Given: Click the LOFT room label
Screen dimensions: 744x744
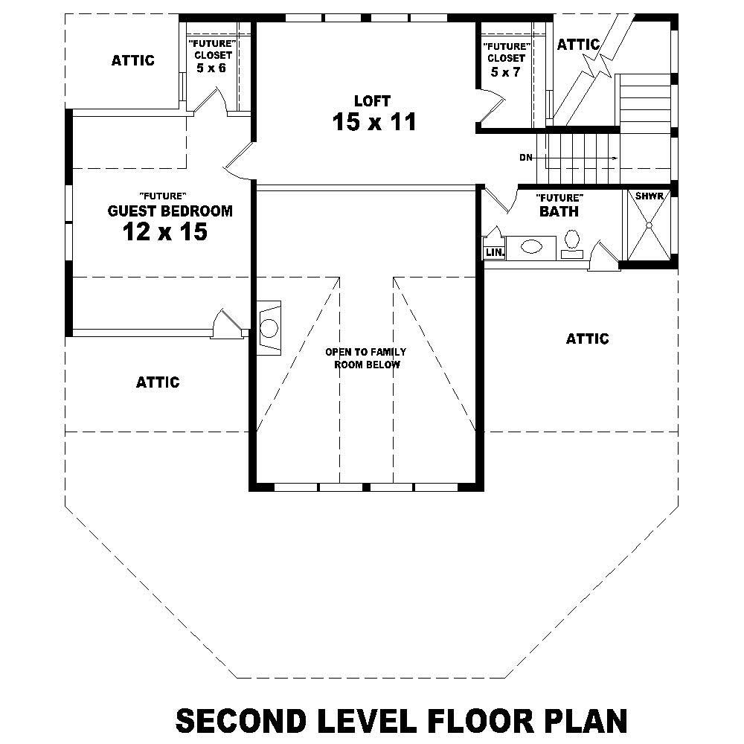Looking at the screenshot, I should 372,100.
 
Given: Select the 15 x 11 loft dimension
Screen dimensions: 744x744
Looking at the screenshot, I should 374,122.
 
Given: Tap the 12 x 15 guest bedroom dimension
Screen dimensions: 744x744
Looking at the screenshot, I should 164,232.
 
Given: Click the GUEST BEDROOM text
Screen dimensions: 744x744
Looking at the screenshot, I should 170,211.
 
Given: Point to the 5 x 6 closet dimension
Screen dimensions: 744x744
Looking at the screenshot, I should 211,68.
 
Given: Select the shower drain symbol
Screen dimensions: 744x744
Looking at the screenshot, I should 649,224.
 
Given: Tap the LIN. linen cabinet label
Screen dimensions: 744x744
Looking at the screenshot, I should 495,252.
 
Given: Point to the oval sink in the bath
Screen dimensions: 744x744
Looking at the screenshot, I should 530,246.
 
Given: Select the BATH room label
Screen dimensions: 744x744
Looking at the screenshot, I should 559,211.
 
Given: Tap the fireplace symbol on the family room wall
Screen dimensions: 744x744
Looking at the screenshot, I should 269,326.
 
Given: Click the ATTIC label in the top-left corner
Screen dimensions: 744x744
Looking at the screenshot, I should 133,60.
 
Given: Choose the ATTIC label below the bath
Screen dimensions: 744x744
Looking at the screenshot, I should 587,339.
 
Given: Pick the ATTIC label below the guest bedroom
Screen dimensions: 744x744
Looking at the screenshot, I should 158,382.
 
